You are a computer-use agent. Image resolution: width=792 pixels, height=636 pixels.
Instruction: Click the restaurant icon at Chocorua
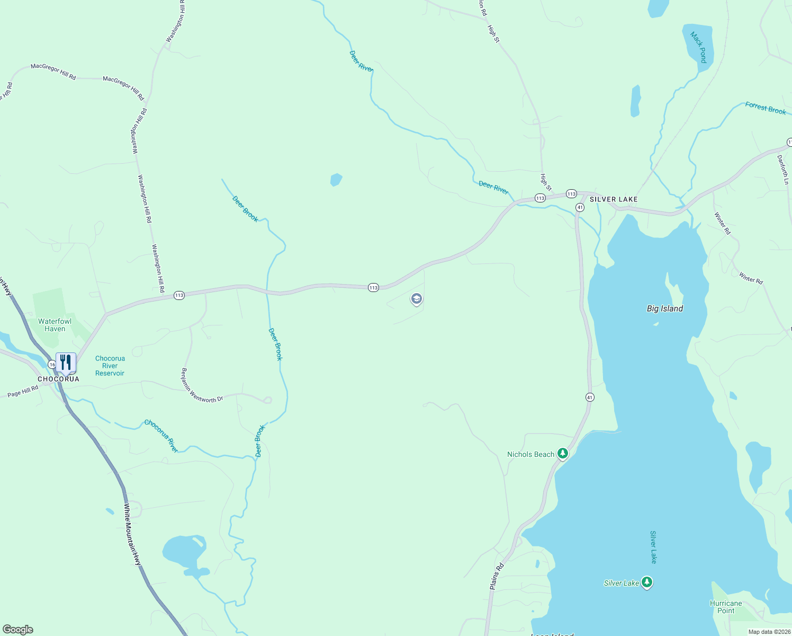tap(66, 363)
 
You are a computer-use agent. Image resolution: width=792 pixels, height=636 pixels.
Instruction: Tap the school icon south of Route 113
tap(417, 299)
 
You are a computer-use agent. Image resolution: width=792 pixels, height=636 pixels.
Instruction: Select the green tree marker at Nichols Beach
tap(563, 454)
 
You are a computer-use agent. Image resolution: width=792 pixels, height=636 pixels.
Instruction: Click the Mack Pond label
tap(699, 47)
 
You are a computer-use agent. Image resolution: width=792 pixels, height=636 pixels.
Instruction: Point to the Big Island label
tap(665, 308)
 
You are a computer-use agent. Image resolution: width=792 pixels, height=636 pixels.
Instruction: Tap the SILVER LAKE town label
tap(614, 199)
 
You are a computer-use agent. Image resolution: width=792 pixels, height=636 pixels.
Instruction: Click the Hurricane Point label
tap(726, 607)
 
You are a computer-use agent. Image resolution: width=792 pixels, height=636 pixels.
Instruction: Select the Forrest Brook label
tap(766, 108)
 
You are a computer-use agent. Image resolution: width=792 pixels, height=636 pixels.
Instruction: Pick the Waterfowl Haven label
tap(55, 325)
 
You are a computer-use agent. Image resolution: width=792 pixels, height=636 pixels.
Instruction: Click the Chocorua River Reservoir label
tap(110, 366)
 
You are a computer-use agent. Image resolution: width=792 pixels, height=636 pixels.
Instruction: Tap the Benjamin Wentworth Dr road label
tap(202, 386)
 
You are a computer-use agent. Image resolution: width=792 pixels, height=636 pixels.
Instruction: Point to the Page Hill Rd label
tap(23, 392)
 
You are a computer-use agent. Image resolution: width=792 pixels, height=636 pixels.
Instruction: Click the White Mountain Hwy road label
tap(132, 534)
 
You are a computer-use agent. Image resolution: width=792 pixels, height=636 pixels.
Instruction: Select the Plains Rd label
tap(497, 576)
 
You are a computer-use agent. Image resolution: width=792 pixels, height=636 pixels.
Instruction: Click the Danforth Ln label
tap(783, 170)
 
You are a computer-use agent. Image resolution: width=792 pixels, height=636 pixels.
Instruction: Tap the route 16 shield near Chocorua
tap(52, 365)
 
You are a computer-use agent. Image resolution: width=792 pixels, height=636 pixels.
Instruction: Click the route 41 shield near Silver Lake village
tap(580, 207)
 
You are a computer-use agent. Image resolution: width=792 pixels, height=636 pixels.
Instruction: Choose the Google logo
tap(18, 630)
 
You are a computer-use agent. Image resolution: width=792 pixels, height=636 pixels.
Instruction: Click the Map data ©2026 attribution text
tap(769, 632)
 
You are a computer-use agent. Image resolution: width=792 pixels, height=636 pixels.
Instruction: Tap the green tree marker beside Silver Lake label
tap(646, 582)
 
